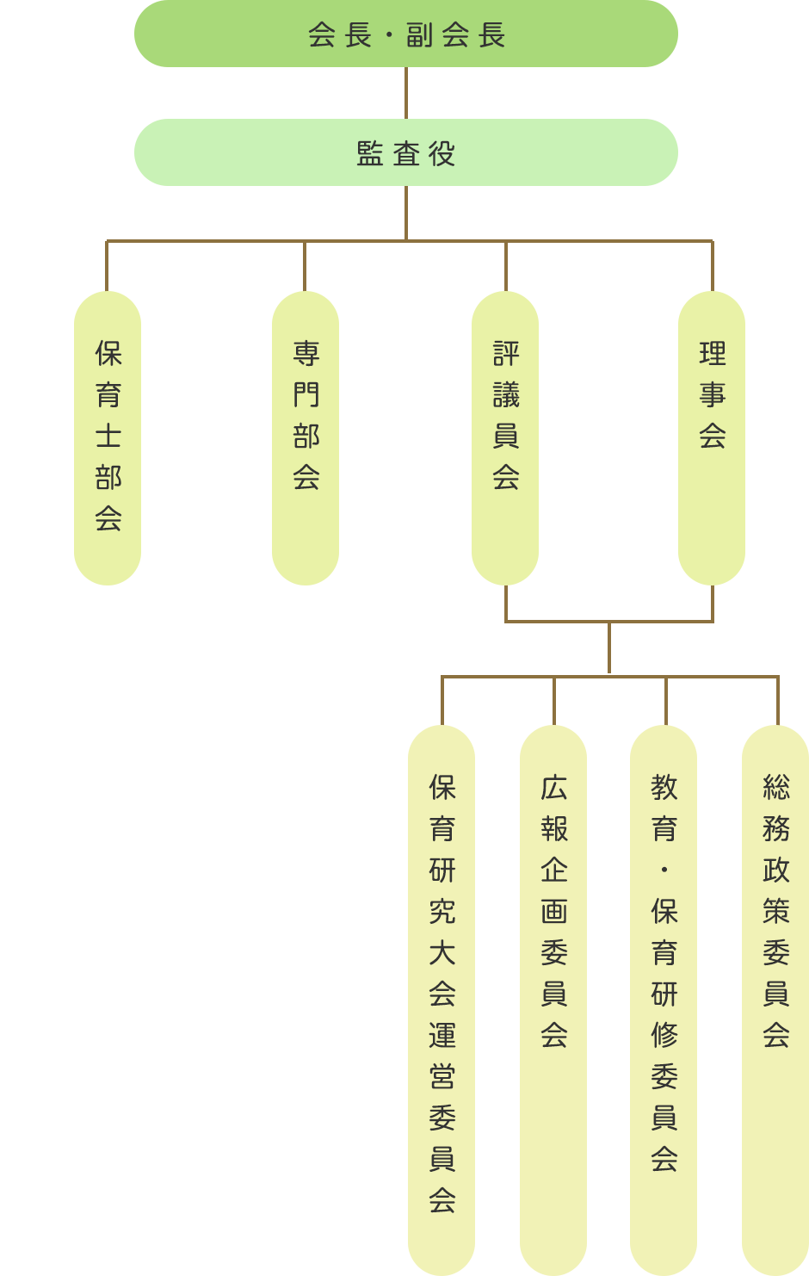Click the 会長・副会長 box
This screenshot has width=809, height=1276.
[x=405, y=34]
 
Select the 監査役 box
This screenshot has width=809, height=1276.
[x=405, y=152]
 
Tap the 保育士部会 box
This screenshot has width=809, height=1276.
[x=108, y=437]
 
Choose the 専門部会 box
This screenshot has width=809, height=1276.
[x=306, y=437]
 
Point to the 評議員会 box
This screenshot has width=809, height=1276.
[x=505, y=437]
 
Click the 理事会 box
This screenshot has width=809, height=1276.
[x=712, y=437]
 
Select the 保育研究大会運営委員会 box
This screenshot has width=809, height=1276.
[x=442, y=999]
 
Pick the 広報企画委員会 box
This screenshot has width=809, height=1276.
[x=553, y=999]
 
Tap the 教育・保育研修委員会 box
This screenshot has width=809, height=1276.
[x=664, y=999]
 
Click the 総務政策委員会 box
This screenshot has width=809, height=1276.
[x=775, y=999]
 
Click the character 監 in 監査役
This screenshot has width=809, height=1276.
[x=369, y=154]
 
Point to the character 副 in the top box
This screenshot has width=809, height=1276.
[x=419, y=35]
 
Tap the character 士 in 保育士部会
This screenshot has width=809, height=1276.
[x=108, y=436]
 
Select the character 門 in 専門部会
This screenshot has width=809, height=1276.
[x=306, y=394]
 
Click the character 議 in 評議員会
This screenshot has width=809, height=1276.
[x=506, y=394]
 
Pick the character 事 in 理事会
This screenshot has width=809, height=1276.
[x=713, y=394]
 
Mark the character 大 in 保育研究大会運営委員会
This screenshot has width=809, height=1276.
[x=442, y=952]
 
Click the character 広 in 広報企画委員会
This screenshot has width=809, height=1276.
[x=554, y=787]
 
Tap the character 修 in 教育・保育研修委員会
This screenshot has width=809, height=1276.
[x=664, y=1035]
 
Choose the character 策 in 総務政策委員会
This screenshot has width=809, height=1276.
[x=776, y=911]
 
